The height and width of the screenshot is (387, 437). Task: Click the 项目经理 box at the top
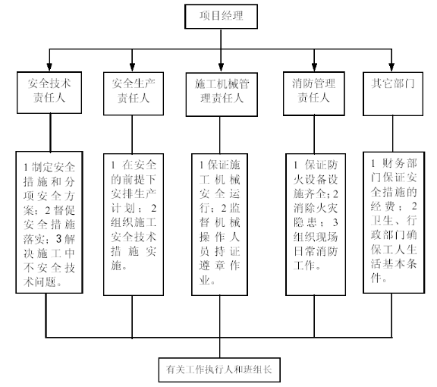pyautogui.click(x=221, y=16)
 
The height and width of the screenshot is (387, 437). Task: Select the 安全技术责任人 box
pyautogui.click(x=49, y=93)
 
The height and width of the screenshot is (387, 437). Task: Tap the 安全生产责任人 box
pyautogui.click(x=134, y=93)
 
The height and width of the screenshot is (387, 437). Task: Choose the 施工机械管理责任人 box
pyautogui.click(x=222, y=94)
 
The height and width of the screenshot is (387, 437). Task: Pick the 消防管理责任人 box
pyautogui.click(x=314, y=93)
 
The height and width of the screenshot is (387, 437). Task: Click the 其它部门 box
pyautogui.click(x=393, y=93)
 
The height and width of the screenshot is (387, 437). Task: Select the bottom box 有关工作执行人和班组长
pyautogui.click(x=219, y=370)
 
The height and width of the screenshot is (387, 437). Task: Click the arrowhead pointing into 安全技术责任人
pyautogui.click(x=49, y=68)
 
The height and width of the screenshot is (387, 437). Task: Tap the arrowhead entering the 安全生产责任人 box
pyautogui.click(x=132, y=68)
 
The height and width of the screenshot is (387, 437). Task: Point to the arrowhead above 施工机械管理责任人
pyautogui.click(x=221, y=68)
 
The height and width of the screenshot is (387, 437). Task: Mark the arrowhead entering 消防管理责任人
pyautogui.click(x=314, y=68)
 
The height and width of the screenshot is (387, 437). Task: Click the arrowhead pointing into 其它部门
pyautogui.click(x=391, y=68)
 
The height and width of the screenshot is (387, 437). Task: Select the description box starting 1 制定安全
pyautogui.click(x=49, y=222)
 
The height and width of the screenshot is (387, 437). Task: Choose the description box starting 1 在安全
pyautogui.click(x=134, y=225)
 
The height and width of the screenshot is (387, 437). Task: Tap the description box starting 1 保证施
pyautogui.click(x=219, y=225)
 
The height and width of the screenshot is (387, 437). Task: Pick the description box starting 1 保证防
pyautogui.click(x=316, y=225)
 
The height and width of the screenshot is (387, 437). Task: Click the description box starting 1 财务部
pyautogui.click(x=394, y=222)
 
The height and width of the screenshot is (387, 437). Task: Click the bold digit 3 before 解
pyautogui.click(x=58, y=239)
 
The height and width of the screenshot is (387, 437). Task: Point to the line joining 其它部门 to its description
pyautogui.click(x=393, y=134)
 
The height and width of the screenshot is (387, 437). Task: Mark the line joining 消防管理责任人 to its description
pyautogui.click(x=314, y=134)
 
